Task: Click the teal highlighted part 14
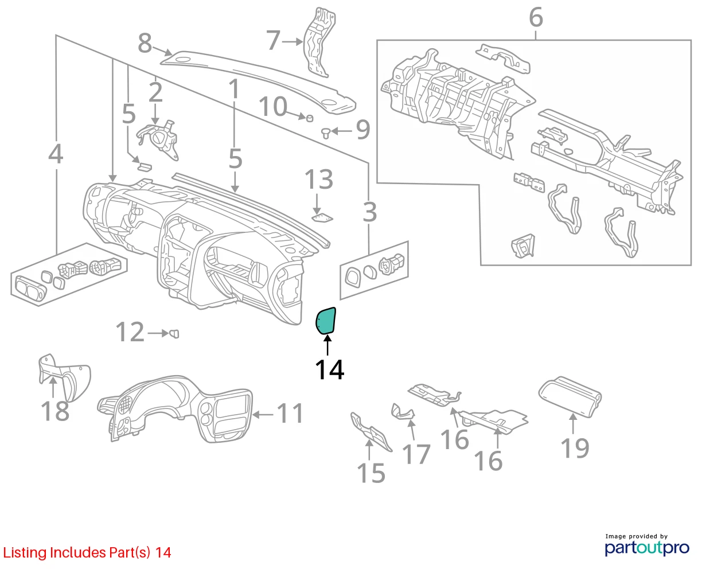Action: tap(326, 321)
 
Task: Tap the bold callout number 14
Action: tap(330, 369)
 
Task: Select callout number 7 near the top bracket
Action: tap(273, 41)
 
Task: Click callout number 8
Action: tap(145, 43)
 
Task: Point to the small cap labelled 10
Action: tap(310, 118)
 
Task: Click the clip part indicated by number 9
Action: tap(326, 133)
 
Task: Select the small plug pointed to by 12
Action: tap(174, 334)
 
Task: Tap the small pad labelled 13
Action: tap(322, 218)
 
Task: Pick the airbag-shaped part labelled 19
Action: tap(570, 396)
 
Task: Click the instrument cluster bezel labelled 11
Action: tap(175, 408)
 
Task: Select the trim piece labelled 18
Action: tap(65, 378)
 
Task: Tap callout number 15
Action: tap(370, 473)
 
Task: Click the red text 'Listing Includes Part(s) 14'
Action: tap(87, 552)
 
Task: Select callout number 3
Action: tap(369, 213)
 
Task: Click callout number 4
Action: tap(56, 154)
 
